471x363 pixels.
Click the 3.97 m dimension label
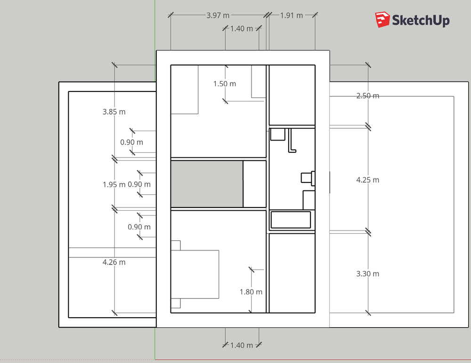218,15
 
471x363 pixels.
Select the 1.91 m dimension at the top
291,15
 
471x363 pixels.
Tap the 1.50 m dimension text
225,84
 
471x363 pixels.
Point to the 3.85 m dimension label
114,112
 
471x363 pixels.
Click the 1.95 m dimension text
114,184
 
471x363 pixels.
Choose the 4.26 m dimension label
114,262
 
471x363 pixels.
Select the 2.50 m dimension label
367,96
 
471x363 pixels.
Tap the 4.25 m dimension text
367,180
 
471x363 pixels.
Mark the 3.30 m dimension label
367,273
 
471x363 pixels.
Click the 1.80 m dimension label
251,292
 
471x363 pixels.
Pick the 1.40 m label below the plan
241,345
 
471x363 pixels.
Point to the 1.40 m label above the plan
241,29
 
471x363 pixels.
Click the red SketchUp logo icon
382,20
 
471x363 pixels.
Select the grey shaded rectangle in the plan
206,184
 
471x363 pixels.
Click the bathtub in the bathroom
291,220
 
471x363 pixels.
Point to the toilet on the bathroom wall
308,177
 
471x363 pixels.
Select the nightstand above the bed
175,245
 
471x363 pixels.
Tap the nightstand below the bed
175,304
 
